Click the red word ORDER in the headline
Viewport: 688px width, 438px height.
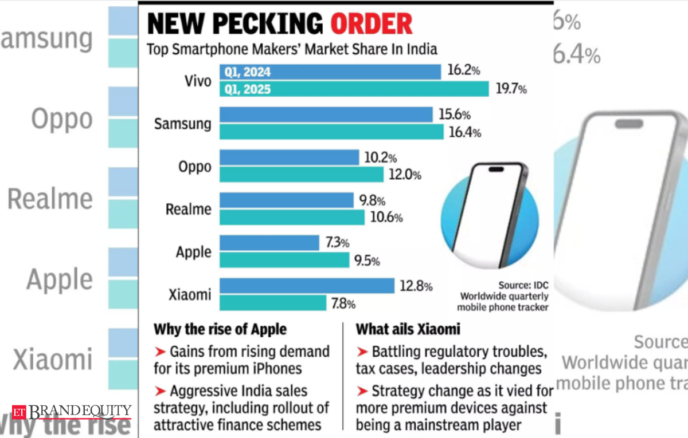point(372,23)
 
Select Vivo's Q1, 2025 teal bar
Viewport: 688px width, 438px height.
point(354,89)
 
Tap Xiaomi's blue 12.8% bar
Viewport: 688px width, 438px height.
point(307,286)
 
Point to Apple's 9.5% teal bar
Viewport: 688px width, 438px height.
point(284,261)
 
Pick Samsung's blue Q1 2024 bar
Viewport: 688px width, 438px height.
point(326,115)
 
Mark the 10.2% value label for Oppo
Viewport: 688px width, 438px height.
point(380,157)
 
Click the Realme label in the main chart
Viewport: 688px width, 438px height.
point(188,210)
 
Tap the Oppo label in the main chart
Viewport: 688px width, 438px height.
point(194,167)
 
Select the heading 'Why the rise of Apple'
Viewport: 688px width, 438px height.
point(220,330)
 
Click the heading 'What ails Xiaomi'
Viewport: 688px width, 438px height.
point(408,330)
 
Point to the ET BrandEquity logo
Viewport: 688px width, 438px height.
point(72,411)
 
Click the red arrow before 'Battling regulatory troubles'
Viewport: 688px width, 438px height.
point(362,351)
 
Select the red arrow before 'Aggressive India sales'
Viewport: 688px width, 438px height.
point(160,391)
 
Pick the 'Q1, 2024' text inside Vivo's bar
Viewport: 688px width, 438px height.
point(248,72)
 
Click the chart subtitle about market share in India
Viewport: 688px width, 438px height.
point(292,49)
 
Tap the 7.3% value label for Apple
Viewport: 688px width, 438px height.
point(337,243)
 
